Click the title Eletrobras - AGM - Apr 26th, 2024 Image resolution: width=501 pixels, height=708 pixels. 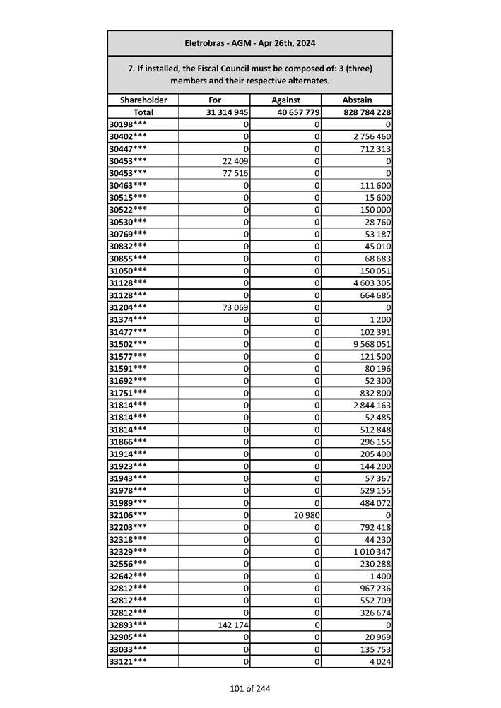pyautogui.click(x=249, y=43)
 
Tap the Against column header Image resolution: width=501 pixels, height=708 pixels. pyautogui.click(x=285, y=100)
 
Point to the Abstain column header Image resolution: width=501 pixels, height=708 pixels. pyautogui.click(x=357, y=100)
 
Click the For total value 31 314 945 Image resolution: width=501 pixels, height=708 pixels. pyautogui.click(x=227, y=112)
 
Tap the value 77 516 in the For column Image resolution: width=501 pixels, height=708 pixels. pyautogui.click(x=235, y=173)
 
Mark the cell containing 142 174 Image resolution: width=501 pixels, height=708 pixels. pyautogui.click(x=232, y=625)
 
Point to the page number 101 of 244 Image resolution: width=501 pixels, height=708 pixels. pyautogui.click(x=249, y=689)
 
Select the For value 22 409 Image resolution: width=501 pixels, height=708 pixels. pyautogui.click(x=235, y=161)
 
